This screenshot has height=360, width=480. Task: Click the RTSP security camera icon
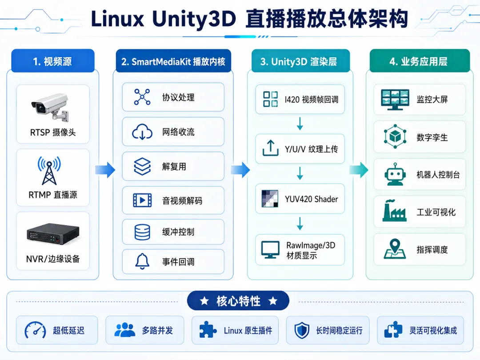pyautogui.click(x=50, y=107)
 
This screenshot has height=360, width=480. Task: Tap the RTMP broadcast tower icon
pyautogui.click(x=49, y=171)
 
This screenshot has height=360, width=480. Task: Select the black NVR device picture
pyautogui.click(x=53, y=234)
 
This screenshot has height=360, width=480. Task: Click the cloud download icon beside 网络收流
pyautogui.click(x=142, y=132)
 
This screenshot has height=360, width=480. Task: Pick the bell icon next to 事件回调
pyautogui.click(x=142, y=261)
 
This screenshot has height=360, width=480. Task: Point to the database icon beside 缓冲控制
pyautogui.click(x=142, y=232)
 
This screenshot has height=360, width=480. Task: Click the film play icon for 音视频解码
pyautogui.click(x=142, y=200)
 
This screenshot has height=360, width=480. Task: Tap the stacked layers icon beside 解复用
pyautogui.click(x=142, y=167)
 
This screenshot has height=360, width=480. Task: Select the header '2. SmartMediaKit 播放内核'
pyautogui.click(x=173, y=61)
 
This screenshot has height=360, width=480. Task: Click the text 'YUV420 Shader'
pyautogui.click(x=311, y=199)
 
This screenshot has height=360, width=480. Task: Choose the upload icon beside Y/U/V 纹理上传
pyautogui.click(x=270, y=148)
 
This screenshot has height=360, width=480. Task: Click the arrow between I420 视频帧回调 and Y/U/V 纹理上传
pyautogui.click(x=300, y=124)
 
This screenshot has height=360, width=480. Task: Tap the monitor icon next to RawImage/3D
pyautogui.click(x=270, y=249)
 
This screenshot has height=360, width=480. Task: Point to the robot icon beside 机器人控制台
pyautogui.click(x=395, y=175)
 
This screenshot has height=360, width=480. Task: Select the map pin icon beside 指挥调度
pyautogui.click(x=395, y=249)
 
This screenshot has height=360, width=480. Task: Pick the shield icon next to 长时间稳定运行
pyautogui.click(x=302, y=330)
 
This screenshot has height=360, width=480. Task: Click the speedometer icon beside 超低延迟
pyautogui.click(x=35, y=330)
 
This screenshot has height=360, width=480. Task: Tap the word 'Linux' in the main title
pyautogui.click(x=117, y=19)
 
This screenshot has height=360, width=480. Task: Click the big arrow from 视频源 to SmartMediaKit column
pyautogui.click(x=105, y=170)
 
